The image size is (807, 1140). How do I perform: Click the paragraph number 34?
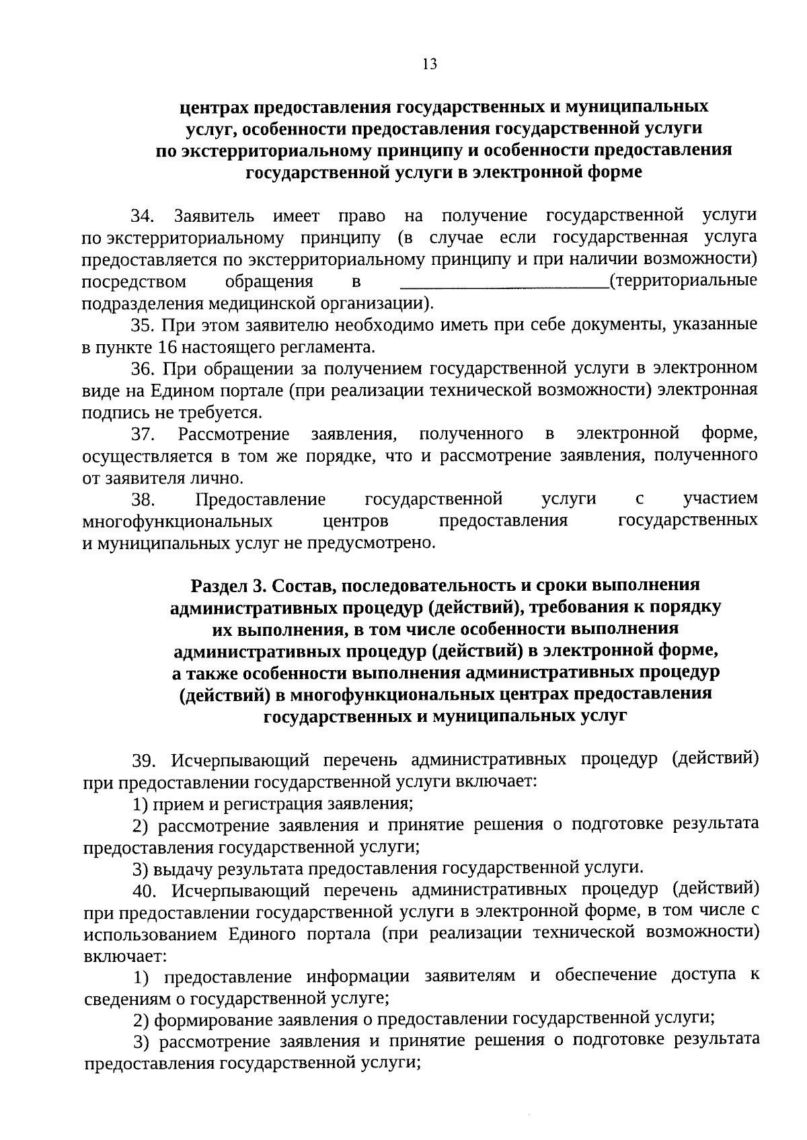click(143, 216)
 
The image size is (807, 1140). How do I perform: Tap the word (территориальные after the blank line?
click(683, 281)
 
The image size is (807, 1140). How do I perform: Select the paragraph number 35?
click(143, 325)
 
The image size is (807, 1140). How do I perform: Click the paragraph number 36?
click(143, 369)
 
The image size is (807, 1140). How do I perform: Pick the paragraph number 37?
click(143, 435)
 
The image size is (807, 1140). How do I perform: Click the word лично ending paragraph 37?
click(219, 479)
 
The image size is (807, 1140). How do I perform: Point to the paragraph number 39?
click(144, 761)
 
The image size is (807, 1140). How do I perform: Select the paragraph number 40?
click(144, 891)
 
